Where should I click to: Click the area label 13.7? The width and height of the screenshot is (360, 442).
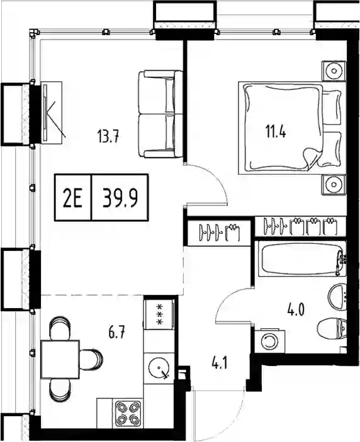(x=109, y=136)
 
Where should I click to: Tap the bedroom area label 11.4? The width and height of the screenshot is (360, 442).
(x=276, y=131)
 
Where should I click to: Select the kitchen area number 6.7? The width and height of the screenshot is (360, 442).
(x=116, y=332)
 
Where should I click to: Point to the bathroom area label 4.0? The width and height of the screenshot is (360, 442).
(x=296, y=310)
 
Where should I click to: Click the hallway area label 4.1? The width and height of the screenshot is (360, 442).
(x=219, y=363)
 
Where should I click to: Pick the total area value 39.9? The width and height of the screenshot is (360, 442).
(x=120, y=197)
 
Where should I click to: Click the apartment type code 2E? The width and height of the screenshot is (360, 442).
(x=73, y=197)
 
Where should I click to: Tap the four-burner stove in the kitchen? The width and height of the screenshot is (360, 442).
(x=128, y=414)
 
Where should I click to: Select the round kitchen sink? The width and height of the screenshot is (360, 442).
(x=159, y=367)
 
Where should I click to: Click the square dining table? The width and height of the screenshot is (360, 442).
(x=60, y=359)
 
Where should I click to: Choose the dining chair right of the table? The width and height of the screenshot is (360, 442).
(x=91, y=359)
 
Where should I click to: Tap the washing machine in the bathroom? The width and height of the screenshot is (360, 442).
(x=270, y=341)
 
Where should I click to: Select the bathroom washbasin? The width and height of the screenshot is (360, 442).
(x=337, y=296)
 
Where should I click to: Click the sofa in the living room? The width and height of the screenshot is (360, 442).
(x=160, y=114)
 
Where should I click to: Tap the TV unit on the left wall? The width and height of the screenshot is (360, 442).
(x=52, y=113)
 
